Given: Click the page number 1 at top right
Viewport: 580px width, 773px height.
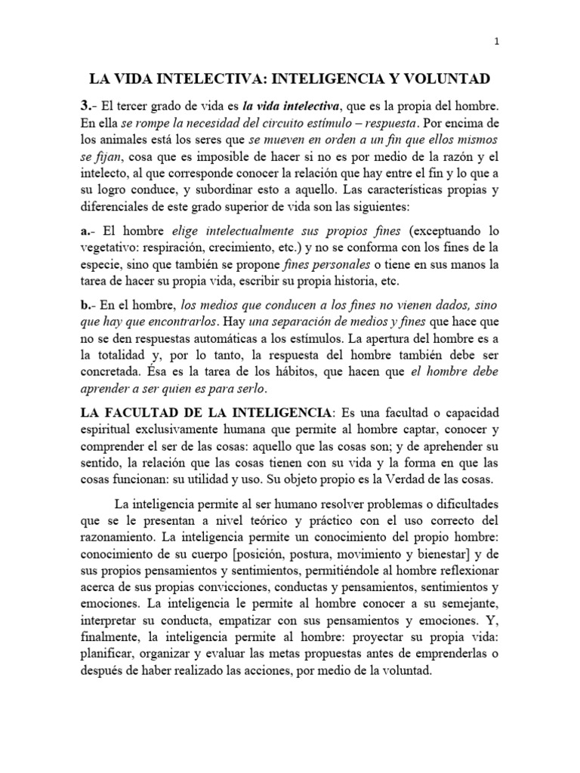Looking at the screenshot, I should coord(496,43).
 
